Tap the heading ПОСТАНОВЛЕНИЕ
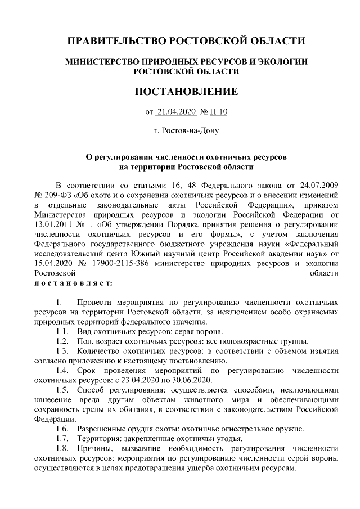(x=186, y=91)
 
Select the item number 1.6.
(x=62, y=429)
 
